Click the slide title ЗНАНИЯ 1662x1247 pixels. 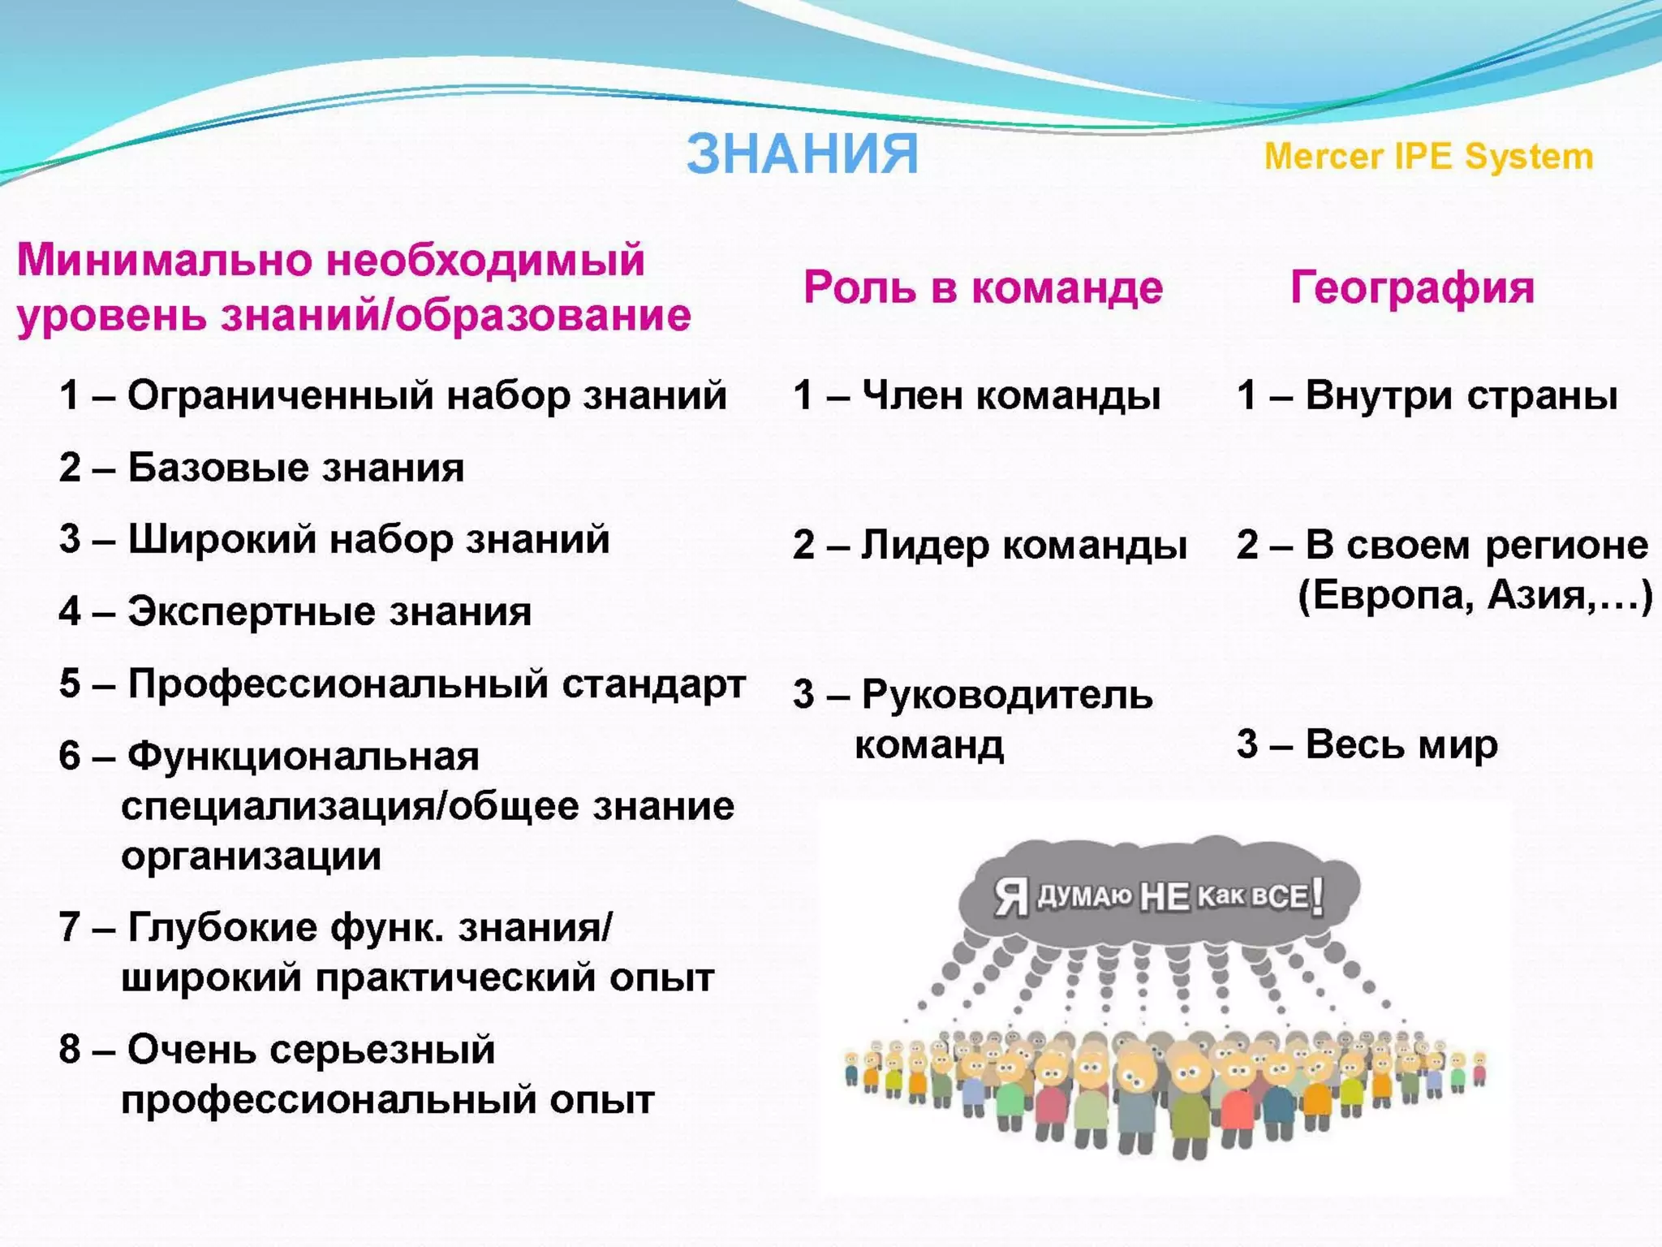[x=802, y=153]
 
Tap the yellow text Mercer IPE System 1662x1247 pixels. [x=1428, y=156]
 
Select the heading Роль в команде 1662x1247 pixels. [x=983, y=287]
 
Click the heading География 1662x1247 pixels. [x=1412, y=287]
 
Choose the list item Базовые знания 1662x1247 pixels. [x=295, y=468]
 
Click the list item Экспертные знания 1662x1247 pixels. [x=329, y=611]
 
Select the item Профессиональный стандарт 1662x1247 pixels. [x=437, y=684]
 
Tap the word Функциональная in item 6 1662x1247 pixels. [x=304, y=756]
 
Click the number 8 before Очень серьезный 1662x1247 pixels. [x=70, y=1049]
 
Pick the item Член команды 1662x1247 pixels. [x=1010, y=395]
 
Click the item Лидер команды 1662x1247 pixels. [x=1023, y=545]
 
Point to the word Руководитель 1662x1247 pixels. [x=1006, y=695]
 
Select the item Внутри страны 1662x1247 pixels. [x=1461, y=395]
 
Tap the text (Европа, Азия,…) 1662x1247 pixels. [x=1475, y=596]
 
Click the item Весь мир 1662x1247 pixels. [x=1401, y=744]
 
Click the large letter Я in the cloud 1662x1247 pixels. [x=1011, y=898]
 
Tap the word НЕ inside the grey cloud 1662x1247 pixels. [x=1165, y=897]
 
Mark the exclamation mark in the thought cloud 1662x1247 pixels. [x=1317, y=896]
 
